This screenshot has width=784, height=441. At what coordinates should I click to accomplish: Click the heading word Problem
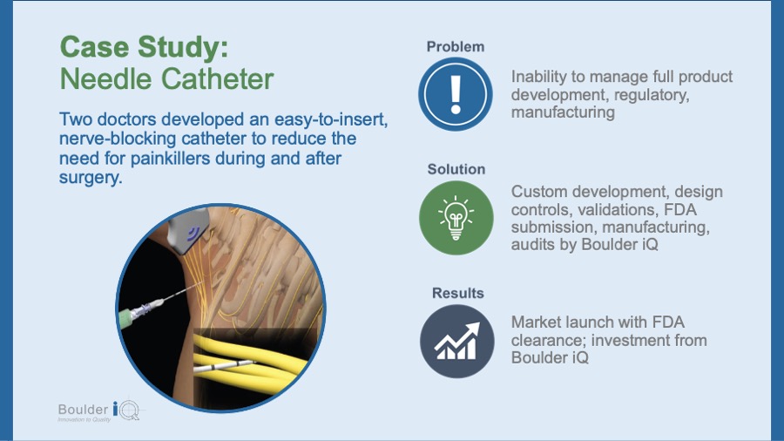click(455, 46)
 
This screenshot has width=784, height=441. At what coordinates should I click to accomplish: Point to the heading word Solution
click(456, 169)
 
